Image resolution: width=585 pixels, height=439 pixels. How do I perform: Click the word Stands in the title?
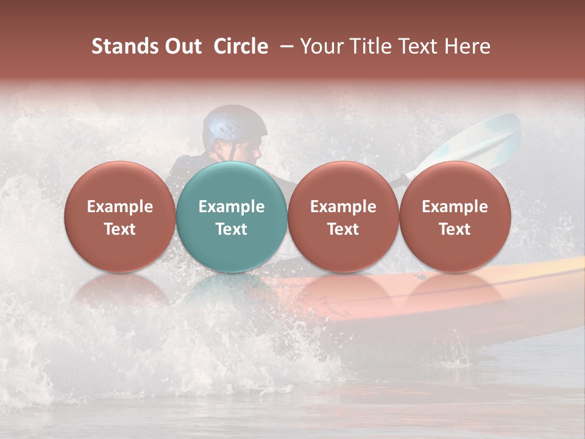point(125,46)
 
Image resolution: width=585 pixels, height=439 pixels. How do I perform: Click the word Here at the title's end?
point(467,46)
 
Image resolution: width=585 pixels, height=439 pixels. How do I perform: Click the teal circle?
point(232,217)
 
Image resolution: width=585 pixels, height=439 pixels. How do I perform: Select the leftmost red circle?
point(120,217)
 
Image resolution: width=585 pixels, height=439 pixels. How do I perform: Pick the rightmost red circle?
point(455,217)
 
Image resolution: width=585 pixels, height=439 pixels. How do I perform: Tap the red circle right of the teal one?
point(343,217)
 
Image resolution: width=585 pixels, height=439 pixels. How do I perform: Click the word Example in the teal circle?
point(232,207)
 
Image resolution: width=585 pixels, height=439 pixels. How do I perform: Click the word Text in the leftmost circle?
point(120,229)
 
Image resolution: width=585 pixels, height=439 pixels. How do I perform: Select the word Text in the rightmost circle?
point(455,229)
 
